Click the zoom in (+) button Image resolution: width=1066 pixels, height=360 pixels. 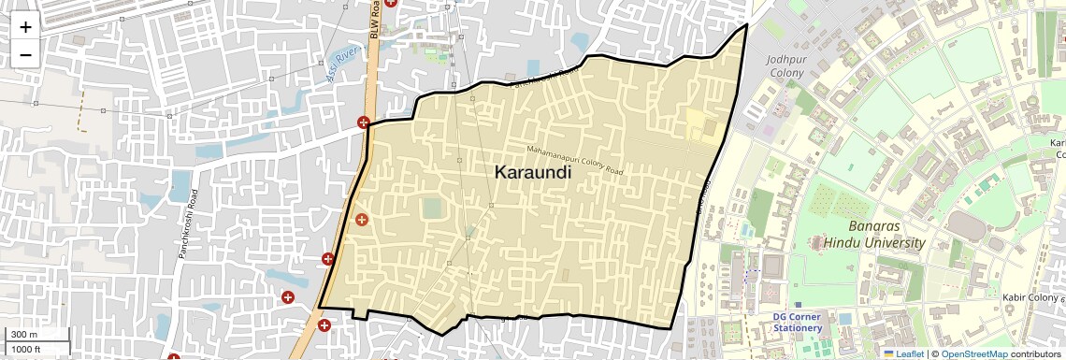pyautogui.click(x=25, y=27)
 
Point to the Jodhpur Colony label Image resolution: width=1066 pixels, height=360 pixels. pyautogui.click(x=785, y=65)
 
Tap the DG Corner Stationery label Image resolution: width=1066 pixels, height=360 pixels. pyautogui.click(x=797, y=323)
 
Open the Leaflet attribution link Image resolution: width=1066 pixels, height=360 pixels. pyautogui.click(x=903, y=353)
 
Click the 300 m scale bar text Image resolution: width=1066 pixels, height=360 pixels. pyautogui.click(x=23, y=335)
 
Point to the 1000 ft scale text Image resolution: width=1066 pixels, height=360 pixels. pyautogui.click(x=26, y=349)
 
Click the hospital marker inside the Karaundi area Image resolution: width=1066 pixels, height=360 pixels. pyautogui.click(x=361, y=219)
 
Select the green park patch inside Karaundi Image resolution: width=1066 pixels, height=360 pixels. pyautogui.click(x=431, y=208)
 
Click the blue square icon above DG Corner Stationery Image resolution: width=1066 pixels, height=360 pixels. pyautogui.click(x=797, y=305)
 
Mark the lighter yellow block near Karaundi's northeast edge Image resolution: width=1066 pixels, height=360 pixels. pyautogui.click(x=697, y=124)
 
